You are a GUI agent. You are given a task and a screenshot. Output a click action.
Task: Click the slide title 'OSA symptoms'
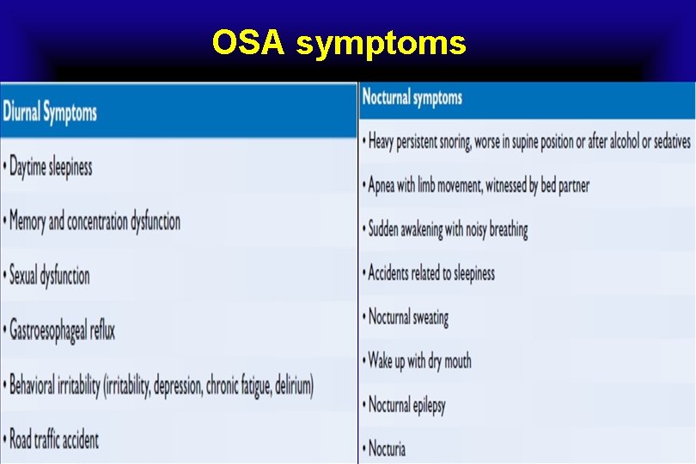339,41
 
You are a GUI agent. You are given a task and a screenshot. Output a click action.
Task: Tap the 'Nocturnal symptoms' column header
412,97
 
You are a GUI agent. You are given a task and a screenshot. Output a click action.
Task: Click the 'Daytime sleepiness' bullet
51,168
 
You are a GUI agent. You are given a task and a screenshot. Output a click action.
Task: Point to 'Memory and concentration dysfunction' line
95,222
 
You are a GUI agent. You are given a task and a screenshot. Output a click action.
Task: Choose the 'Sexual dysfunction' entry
49,276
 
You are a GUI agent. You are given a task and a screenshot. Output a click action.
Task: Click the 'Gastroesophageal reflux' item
62,330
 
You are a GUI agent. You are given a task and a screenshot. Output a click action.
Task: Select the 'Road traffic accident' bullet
54,440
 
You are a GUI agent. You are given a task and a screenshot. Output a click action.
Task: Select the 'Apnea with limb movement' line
479,185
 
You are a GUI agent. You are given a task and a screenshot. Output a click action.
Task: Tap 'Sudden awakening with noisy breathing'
448,229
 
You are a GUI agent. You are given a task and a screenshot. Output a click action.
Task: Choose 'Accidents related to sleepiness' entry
431,273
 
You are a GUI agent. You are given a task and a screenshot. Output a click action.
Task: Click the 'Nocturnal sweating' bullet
408,317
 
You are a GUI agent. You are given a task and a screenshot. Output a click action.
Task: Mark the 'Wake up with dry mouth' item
419,361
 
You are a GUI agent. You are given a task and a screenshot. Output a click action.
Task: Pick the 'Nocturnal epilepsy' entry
406,405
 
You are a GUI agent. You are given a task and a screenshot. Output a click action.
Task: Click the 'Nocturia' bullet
387,448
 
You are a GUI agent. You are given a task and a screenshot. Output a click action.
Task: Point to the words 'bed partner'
565,185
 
